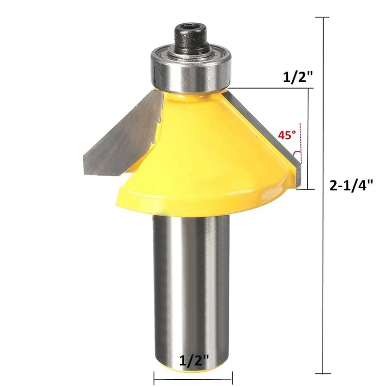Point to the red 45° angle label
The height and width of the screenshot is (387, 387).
point(286,135)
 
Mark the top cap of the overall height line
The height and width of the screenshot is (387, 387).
point(322,17)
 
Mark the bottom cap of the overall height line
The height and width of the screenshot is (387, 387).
point(322,373)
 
